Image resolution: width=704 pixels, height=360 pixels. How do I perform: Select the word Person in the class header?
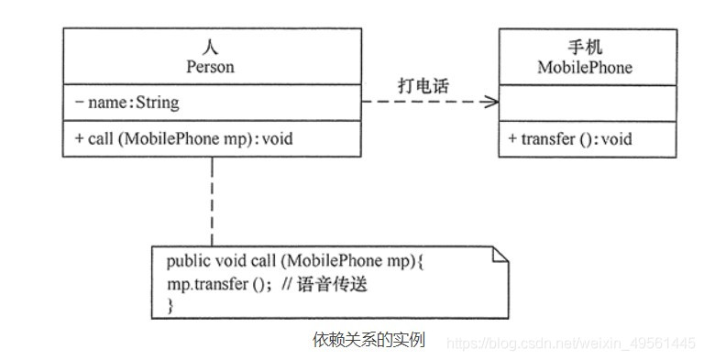point(211,67)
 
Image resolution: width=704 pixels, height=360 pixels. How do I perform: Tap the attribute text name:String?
point(134,103)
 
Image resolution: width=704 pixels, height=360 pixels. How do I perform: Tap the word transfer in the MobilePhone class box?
point(548,139)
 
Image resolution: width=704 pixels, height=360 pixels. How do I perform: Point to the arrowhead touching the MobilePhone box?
point(493,103)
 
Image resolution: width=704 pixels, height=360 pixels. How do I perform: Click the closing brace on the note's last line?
point(170,306)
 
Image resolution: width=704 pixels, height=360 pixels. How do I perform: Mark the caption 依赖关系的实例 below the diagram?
point(369,340)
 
